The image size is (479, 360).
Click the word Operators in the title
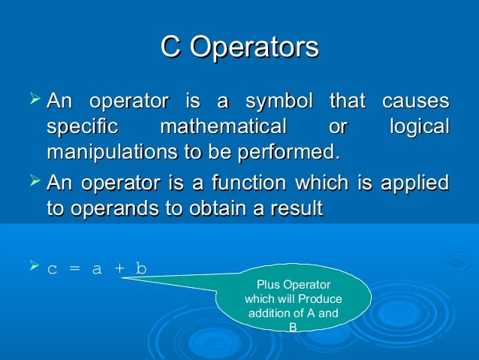click(255, 47)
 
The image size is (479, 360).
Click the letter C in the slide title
click(170, 47)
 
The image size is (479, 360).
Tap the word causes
click(415, 101)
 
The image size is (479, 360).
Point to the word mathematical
click(224, 126)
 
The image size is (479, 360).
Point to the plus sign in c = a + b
click(117, 269)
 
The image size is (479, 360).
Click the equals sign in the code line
click(74, 269)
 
